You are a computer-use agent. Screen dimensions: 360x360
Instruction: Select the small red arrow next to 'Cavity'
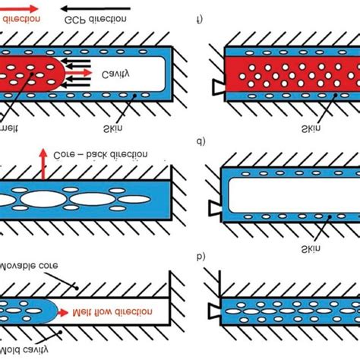click(87, 72)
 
